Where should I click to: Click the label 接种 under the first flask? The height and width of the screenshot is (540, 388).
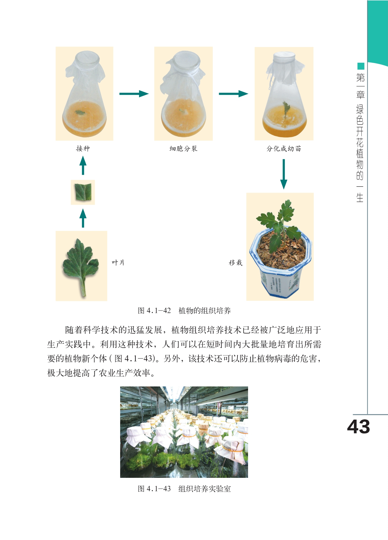(83, 148)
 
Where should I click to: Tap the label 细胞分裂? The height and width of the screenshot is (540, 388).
(184, 148)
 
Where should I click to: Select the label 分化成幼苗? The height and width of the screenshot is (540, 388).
(284, 148)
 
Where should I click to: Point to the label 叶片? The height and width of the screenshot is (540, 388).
(118, 262)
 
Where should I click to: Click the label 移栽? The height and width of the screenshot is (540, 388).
(236, 262)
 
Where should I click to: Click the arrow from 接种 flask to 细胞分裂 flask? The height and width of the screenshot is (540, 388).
(134, 94)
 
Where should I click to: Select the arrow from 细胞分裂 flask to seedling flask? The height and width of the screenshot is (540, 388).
(233, 94)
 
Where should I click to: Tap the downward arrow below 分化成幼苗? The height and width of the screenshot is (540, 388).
(284, 174)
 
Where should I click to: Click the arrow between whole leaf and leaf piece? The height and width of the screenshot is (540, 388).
(83, 218)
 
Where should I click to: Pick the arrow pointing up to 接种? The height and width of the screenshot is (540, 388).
(83, 165)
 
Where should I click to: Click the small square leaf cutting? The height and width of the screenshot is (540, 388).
(83, 192)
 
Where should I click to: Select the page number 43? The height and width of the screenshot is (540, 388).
(358, 427)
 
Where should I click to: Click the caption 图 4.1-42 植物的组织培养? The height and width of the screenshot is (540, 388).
(184, 311)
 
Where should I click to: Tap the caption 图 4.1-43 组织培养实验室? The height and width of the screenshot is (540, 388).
(184, 489)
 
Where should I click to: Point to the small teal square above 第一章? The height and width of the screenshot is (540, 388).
(361, 66)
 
